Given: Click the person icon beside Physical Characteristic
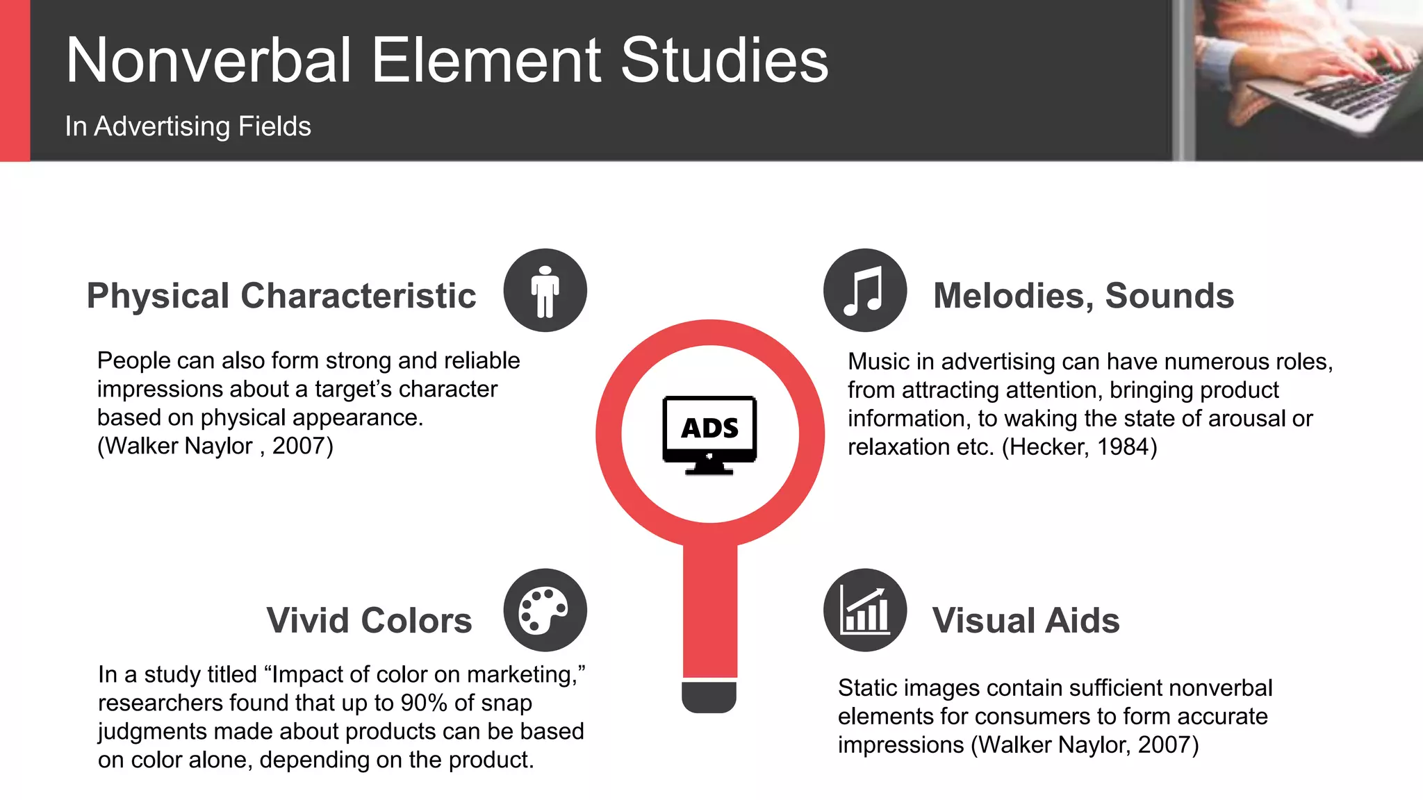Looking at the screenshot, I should click(x=545, y=290).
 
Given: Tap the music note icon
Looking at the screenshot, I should click(x=864, y=290).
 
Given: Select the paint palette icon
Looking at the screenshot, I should click(x=545, y=610).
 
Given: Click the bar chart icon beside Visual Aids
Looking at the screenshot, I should click(x=864, y=610).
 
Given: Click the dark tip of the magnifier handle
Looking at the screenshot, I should click(x=709, y=697).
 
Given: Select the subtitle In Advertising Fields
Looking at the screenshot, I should click(x=188, y=126).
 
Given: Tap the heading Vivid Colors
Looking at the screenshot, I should click(x=369, y=620).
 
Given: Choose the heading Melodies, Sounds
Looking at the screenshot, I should click(x=1083, y=296).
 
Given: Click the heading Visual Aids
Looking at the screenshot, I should click(x=1026, y=620).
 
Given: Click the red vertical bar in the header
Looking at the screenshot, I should click(x=15, y=81).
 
